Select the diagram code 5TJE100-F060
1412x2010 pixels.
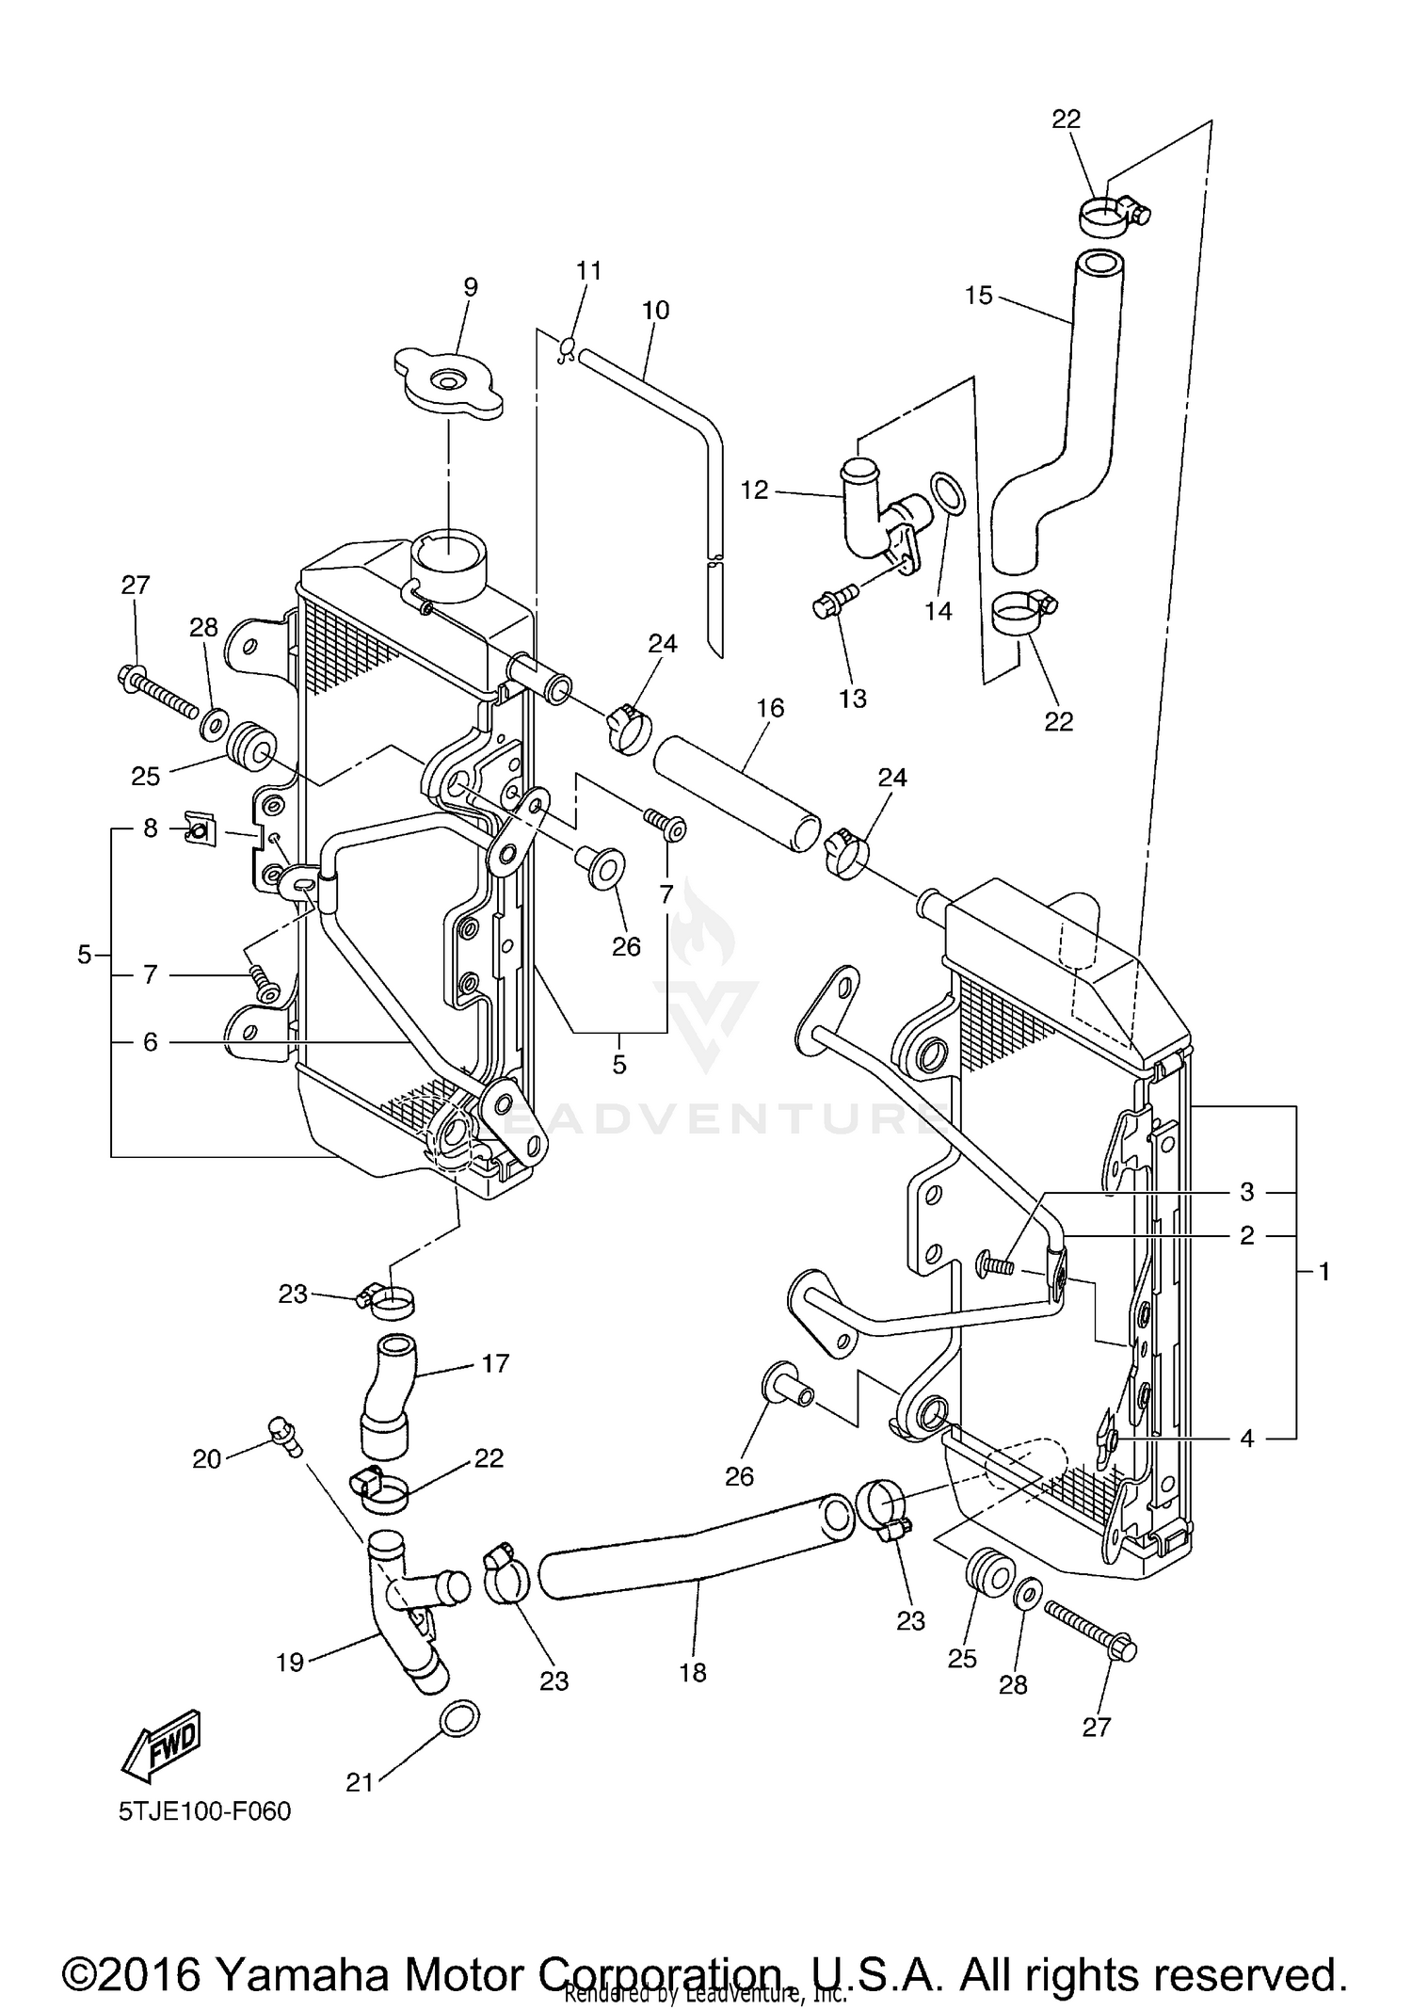[204, 1811]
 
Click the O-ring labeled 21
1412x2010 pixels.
[458, 1718]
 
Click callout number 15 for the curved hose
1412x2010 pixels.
[979, 296]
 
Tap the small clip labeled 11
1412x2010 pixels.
[568, 350]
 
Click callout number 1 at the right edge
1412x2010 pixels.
[1324, 1272]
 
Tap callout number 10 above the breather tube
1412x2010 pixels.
[655, 310]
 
